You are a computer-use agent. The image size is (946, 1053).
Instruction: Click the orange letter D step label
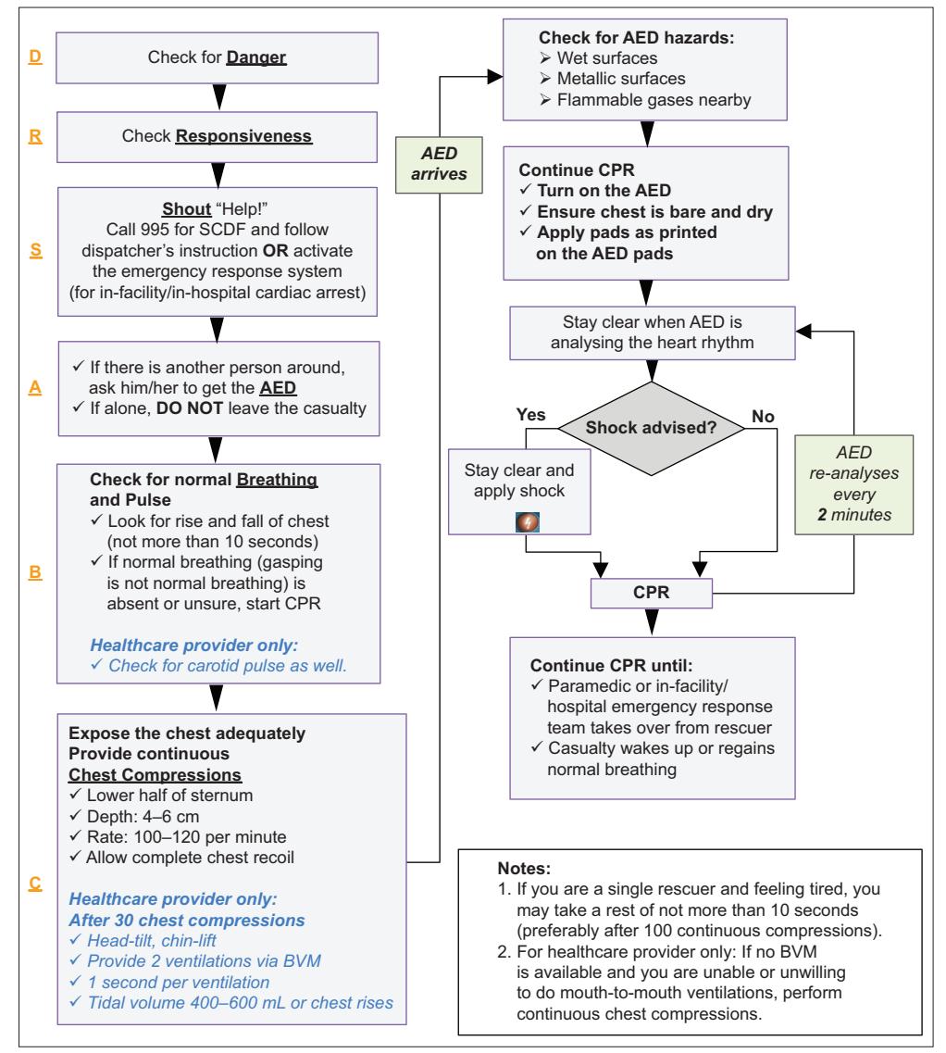(x=35, y=56)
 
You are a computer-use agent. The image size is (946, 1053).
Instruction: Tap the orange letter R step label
(x=35, y=136)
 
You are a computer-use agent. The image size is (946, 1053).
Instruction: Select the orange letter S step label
(x=35, y=250)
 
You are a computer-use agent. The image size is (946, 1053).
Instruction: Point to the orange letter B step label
(x=35, y=572)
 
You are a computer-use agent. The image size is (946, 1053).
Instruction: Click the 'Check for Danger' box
(x=217, y=57)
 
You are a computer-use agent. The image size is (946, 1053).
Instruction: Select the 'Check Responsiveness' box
(x=217, y=137)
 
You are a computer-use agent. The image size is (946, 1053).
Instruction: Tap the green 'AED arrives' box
(x=439, y=165)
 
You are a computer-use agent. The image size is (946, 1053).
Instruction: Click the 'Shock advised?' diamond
(x=652, y=428)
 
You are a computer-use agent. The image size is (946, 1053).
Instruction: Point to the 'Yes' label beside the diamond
(x=530, y=415)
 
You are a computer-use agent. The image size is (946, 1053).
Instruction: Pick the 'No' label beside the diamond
(x=763, y=417)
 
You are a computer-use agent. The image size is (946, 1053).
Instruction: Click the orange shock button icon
(x=527, y=521)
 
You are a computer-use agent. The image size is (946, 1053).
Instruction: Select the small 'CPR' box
(x=652, y=593)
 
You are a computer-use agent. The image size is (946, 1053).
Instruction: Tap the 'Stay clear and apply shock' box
(x=519, y=492)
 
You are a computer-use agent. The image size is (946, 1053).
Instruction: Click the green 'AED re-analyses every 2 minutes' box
(x=854, y=484)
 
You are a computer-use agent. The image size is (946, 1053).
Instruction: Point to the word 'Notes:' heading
(x=524, y=869)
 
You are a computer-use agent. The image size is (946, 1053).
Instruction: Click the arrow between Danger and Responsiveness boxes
(x=218, y=96)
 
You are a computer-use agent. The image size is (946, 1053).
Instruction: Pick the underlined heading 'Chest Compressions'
(x=155, y=775)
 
